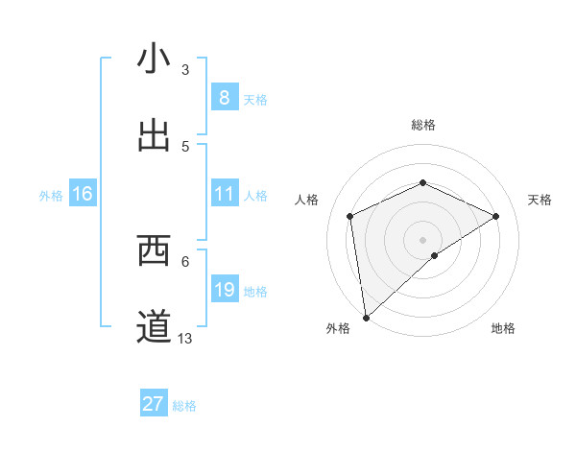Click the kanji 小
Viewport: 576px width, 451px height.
154,59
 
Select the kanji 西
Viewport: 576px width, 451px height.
154,250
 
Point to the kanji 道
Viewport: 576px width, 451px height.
154,327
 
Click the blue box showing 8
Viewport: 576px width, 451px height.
224,98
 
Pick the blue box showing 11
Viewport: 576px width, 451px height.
224,194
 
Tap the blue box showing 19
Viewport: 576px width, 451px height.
224,290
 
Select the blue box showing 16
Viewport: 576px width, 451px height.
82,194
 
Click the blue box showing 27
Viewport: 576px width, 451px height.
154,404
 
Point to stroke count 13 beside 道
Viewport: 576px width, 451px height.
185,338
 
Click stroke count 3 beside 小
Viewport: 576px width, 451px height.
185,69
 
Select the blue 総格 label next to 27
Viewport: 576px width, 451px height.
184,406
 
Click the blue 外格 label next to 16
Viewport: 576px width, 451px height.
51,195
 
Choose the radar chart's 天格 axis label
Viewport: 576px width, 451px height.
540,200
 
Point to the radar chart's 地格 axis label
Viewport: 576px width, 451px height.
503,329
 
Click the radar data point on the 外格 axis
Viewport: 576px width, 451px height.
365,318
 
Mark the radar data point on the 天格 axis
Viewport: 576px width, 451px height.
496,216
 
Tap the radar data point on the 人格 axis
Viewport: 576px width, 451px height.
350,216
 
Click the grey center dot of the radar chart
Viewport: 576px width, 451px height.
422,239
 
